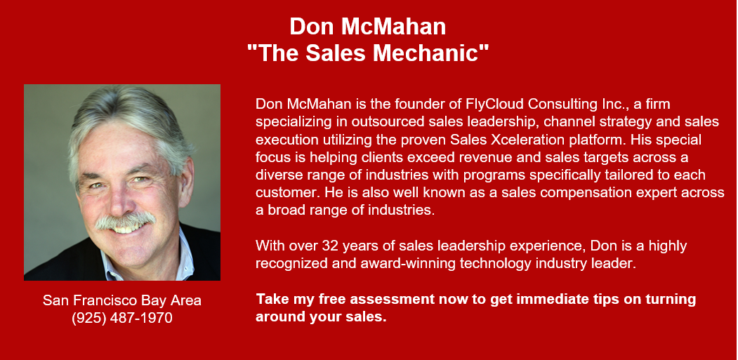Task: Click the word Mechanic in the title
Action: [430, 53]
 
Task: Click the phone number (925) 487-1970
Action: [122, 318]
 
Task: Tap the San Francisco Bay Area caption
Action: [122, 300]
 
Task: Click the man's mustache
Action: [125, 220]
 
